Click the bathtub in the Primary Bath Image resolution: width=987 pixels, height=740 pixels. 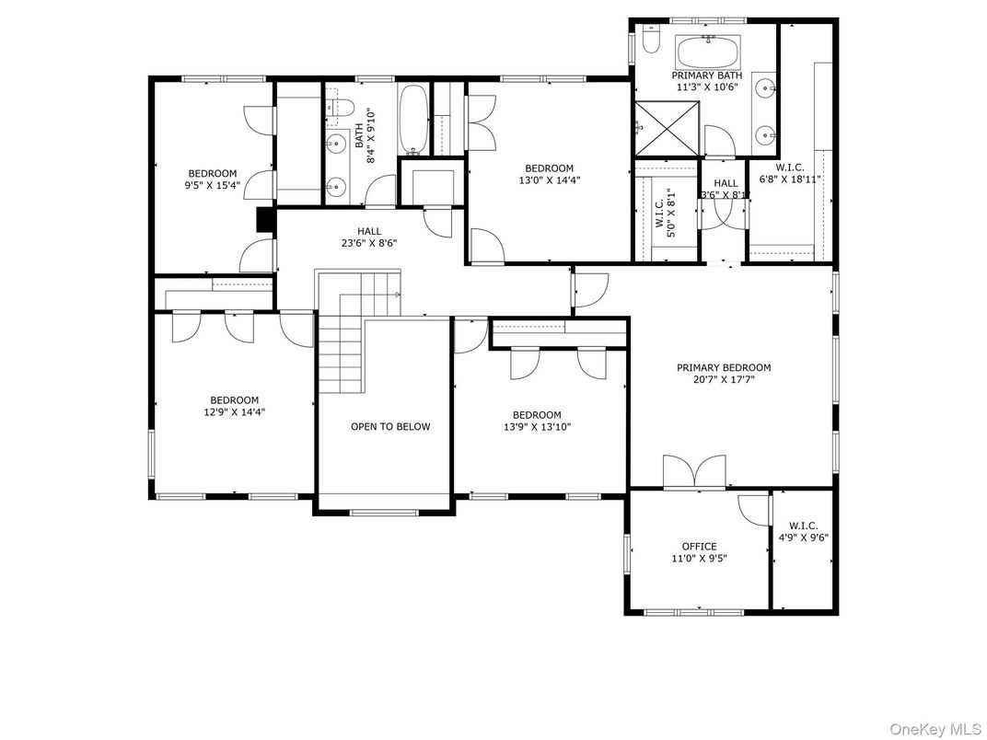pyautogui.click(x=707, y=52)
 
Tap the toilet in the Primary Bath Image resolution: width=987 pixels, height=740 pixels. pyautogui.click(x=650, y=39)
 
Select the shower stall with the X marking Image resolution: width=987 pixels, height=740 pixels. pyautogui.click(x=668, y=129)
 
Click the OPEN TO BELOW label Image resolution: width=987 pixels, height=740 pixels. pyautogui.click(x=390, y=427)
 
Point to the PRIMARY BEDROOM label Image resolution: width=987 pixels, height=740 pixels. pyautogui.click(x=724, y=367)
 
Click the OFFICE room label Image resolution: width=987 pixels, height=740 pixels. pyautogui.click(x=700, y=546)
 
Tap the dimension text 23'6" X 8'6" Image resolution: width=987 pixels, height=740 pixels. pyautogui.click(x=369, y=243)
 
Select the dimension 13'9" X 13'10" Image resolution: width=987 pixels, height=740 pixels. pyautogui.click(x=537, y=427)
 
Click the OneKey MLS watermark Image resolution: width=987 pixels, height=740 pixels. pyautogui.click(x=935, y=729)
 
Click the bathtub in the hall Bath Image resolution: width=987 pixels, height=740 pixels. pyautogui.click(x=413, y=120)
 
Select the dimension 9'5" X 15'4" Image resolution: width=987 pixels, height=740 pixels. pyautogui.click(x=213, y=185)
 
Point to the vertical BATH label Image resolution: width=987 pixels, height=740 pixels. pyautogui.click(x=358, y=136)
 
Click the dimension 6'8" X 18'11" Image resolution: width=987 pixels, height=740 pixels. pyautogui.click(x=790, y=179)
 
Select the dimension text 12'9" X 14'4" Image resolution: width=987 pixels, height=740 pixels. pyautogui.click(x=234, y=412)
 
